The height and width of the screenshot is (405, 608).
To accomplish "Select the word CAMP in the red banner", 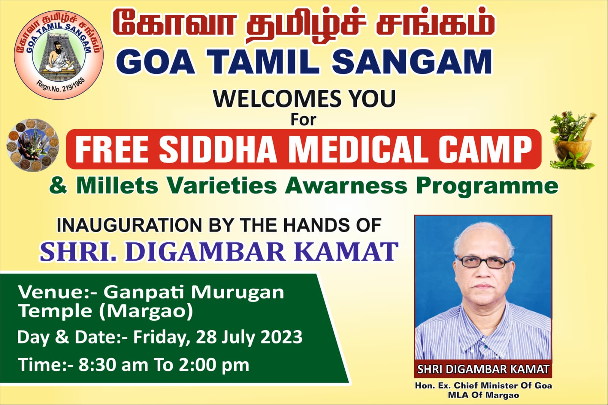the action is coord(484,150).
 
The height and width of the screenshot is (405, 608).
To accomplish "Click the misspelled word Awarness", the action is coord(347,185).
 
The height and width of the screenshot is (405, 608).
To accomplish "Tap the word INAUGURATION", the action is coord(129,225).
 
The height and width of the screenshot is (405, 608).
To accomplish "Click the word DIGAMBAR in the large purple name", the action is coord(205,252).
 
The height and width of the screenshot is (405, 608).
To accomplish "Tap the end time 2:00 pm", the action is coord(214,365).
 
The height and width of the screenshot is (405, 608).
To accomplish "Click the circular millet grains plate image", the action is coord(33,145).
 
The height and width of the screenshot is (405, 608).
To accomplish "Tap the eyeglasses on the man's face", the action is coord(483,262).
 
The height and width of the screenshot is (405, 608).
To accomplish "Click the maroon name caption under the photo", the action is coord(483,369).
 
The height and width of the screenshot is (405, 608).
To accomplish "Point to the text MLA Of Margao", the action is coord(483,395).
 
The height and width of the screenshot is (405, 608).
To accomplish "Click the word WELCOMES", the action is coord(277,99).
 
